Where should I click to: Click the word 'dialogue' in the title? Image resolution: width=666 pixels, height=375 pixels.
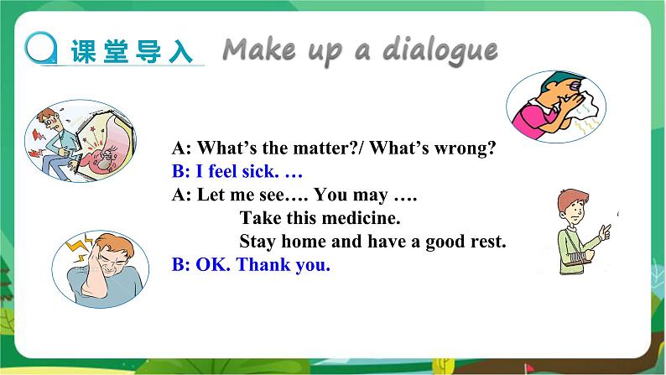440,50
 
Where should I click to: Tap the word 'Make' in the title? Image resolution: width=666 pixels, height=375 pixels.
259,49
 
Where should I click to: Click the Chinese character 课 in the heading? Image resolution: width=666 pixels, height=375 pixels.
83,51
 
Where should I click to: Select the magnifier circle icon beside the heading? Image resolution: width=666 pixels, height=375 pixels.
41,48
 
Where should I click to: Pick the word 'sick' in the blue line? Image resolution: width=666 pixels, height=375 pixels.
258,171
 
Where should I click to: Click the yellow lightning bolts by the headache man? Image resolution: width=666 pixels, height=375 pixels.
80,247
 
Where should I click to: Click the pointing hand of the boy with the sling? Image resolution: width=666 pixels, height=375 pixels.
605,232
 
